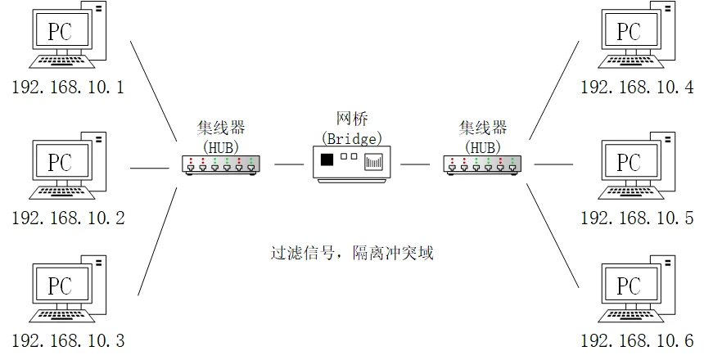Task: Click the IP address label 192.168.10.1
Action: [x=68, y=87]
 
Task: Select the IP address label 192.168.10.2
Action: [x=68, y=218]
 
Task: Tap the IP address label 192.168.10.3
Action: [x=68, y=340]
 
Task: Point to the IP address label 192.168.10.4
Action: [x=637, y=87]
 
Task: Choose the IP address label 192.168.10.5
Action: [x=637, y=218]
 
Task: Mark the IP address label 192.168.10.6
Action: [x=637, y=340]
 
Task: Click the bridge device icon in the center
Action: [x=351, y=164]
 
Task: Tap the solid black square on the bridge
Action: [x=327, y=160]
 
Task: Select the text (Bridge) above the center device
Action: [x=351, y=139]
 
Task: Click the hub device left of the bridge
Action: [x=221, y=164]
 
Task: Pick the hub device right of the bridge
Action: [x=482, y=164]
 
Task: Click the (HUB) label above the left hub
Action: [x=221, y=147]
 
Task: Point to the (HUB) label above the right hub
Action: [x=483, y=147]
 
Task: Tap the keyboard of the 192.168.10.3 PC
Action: [x=62, y=316]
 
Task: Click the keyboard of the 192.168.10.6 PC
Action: [x=631, y=316]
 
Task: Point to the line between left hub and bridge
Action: [x=289, y=164]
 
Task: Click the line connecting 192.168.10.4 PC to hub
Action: [x=554, y=90]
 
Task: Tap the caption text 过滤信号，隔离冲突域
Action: [x=352, y=253]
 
